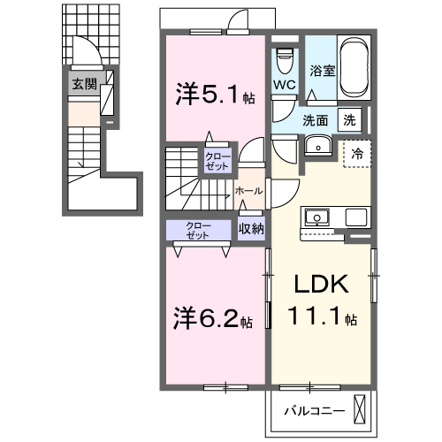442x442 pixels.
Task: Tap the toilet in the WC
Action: (x=286, y=60)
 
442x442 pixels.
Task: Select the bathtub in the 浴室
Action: (x=354, y=67)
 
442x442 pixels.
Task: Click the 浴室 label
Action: (x=323, y=71)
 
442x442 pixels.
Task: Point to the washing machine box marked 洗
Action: (x=350, y=120)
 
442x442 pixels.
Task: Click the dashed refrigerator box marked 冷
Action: (x=357, y=154)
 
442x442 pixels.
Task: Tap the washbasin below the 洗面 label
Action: (x=318, y=146)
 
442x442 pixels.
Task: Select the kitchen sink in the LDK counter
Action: (x=317, y=217)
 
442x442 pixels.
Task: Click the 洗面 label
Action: (x=316, y=120)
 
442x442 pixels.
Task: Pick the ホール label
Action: (x=248, y=191)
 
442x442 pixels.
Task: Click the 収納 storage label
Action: (x=251, y=228)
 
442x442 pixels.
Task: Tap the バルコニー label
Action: (x=315, y=411)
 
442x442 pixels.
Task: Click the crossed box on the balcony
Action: (x=359, y=410)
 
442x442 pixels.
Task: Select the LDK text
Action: (x=322, y=284)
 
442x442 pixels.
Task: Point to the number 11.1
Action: (x=315, y=316)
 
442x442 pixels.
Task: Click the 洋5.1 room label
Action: (x=216, y=94)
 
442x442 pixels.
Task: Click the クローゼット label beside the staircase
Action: (x=217, y=161)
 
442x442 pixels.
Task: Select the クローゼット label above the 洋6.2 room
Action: (x=198, y=231)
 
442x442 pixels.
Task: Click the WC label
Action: (x=285, y=85)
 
